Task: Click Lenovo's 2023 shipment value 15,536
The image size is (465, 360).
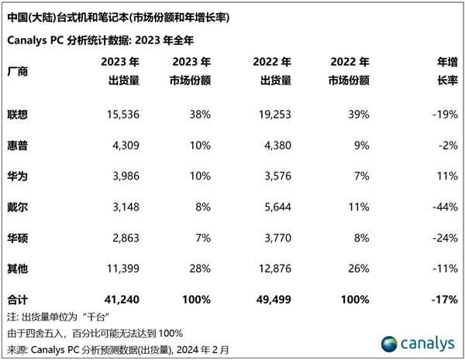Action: point(121,115)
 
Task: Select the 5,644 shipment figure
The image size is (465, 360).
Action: point(275,207)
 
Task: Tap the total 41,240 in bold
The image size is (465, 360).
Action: point(121,299)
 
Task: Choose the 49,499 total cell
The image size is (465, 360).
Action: point(273,299)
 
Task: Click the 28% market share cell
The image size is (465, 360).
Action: point(200,268)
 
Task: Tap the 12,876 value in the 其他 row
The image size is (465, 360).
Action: point(273,268)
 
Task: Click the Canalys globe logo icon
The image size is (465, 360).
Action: point(390,343)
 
